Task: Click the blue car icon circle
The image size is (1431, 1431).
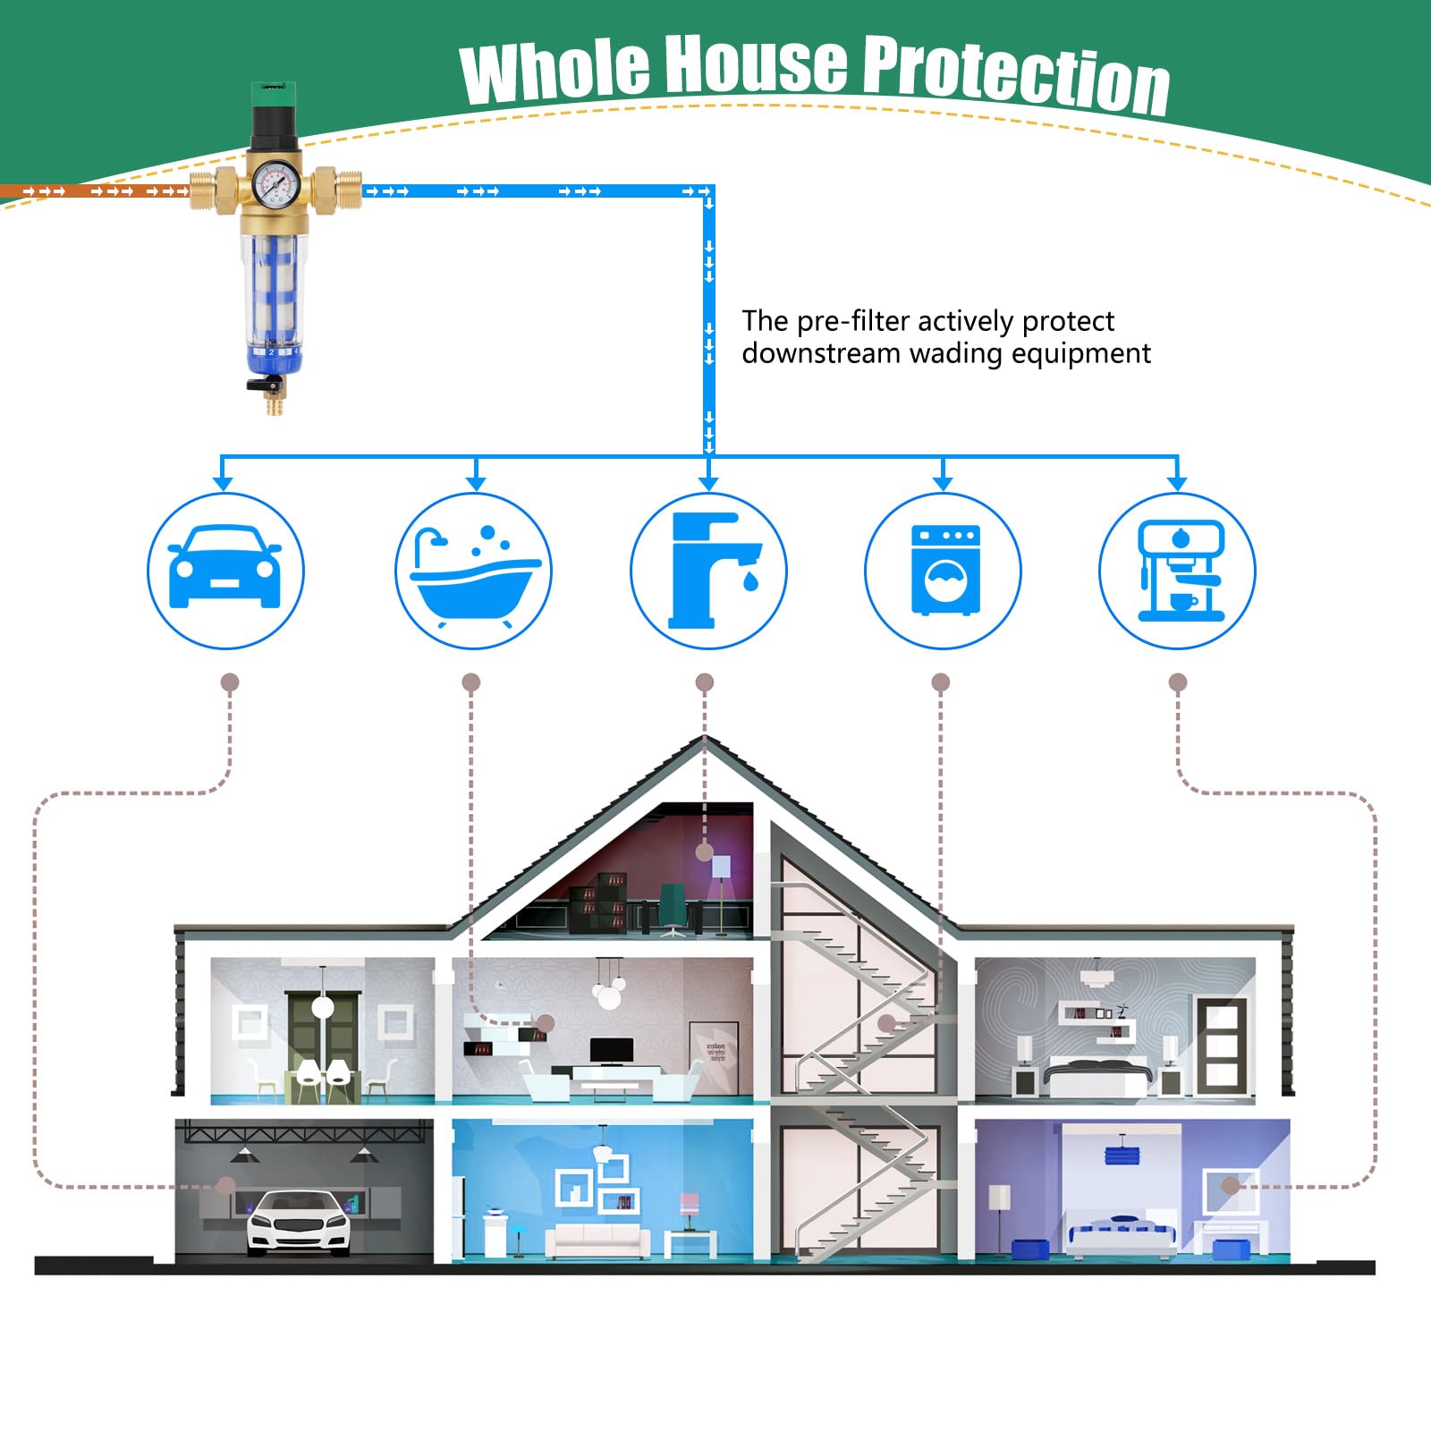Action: pyautogui.click(x=225, y=571)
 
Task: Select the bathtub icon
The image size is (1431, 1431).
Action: pyautogui.click(x=474, y=571)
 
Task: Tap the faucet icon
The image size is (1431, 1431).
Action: pyautogui.click(x=708, y=571)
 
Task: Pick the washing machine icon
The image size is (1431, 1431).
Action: pyautogui.click(x=943, y=571)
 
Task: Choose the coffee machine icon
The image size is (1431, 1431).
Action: pyautogui.click(x=1177, y=571)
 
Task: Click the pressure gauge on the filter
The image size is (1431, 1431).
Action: pyautogui.click(x=275, y=184)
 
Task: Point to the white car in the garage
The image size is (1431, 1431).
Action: pyautogui.click(x=298, y=1223)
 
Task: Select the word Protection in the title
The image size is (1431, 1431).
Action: pyautogui.click(x=1017, y=75)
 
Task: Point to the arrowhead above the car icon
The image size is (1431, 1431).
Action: pyautogui.click(x=223, y=483)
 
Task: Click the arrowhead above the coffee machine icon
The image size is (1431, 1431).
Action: pyautogui.click(x=1177, y=483)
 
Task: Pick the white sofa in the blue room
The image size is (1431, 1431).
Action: pyautogui.click(x=597, y=1239)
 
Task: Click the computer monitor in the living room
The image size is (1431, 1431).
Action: pyautogui.click(x=612, y=1050)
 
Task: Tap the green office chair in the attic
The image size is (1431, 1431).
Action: pyautogui.click(x=673, y=909)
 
